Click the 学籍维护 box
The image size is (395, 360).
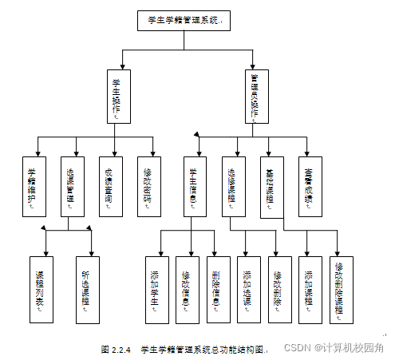33,187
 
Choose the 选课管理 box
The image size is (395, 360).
71,187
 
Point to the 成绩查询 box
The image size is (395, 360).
109,187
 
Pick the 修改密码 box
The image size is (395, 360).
148,187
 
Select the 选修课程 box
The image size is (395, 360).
232,187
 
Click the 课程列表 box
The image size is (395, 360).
41,288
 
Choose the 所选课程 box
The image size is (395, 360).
87,288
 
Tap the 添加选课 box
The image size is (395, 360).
248,288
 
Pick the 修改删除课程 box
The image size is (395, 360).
341,288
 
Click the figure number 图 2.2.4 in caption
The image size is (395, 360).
116,349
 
